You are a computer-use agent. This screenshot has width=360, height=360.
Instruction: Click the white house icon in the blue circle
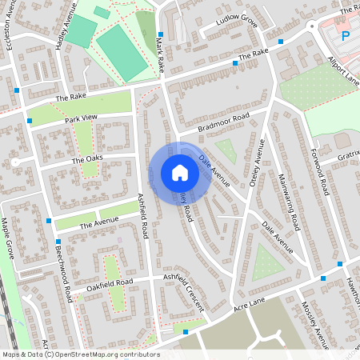(180, 173)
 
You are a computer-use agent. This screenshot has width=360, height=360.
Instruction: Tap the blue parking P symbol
(346, 35)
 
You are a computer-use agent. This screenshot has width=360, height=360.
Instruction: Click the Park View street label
(81, 118)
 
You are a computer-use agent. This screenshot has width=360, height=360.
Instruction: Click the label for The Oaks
(88, 160)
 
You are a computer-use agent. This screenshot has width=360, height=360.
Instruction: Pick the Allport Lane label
(343, 70)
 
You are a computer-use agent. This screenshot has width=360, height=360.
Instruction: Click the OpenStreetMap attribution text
(81, 354)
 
